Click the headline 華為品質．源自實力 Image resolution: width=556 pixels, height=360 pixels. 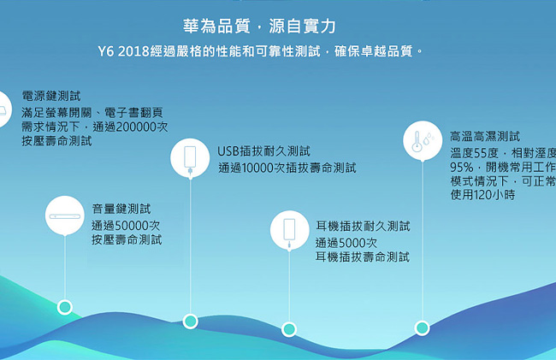tap(259, 27)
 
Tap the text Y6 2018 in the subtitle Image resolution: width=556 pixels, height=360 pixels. tap(123, 51)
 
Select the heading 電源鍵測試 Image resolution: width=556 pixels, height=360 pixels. tap(51, 96)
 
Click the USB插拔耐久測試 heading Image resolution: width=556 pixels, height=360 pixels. tap(263, 151)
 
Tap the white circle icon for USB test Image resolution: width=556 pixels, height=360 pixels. tap(190, 157)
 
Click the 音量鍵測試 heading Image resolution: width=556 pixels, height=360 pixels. tap(121, 209)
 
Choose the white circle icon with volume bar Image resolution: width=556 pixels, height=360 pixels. tap(65, 215)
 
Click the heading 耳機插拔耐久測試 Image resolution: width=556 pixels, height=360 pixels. tap(363, 226)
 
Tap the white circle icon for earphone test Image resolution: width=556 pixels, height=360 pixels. tap(289, 230)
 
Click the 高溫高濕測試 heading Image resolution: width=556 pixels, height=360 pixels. tap(485, 137)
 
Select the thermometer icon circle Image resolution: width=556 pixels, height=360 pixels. tap(423, 141)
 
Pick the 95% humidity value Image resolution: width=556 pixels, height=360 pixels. tap(461, 167)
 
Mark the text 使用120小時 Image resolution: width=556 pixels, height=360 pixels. tap(482, 194)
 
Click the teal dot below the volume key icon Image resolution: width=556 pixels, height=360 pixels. tap(65, 307)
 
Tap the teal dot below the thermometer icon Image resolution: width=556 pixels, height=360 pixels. tap(422, 328)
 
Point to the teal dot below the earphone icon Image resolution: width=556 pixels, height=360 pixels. tap(289, 329)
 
